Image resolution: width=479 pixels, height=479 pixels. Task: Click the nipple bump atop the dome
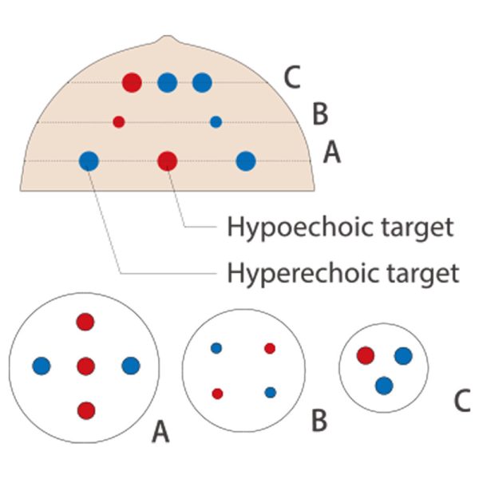(167, 39)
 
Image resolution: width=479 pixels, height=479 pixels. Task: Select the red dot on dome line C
(132, 82)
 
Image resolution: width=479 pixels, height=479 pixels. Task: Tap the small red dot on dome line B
(119, 122)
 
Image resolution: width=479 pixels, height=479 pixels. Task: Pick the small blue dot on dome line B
(216, 122)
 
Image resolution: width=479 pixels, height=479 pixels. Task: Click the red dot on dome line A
(168, 161)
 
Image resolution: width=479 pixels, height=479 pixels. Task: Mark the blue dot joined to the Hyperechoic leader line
(89, 161)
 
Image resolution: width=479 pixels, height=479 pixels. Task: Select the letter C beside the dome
(292, 77)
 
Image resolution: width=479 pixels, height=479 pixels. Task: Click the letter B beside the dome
(320, 113)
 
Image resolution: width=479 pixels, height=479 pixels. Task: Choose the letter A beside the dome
(332, 152)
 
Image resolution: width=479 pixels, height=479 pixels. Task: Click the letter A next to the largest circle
(160, 431)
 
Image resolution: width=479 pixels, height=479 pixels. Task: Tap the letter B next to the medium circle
(319, 421)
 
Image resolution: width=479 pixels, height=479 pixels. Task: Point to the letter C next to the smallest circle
(462, 401)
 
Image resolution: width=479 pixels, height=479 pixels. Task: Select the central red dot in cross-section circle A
(86, 366)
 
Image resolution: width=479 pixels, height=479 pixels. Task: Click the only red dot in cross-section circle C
(366, 355)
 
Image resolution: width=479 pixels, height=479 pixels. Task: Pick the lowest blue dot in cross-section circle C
(384, 386)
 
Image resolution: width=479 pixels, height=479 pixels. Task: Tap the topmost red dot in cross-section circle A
(85, 322)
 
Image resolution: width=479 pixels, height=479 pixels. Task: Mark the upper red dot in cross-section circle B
(270, 348)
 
